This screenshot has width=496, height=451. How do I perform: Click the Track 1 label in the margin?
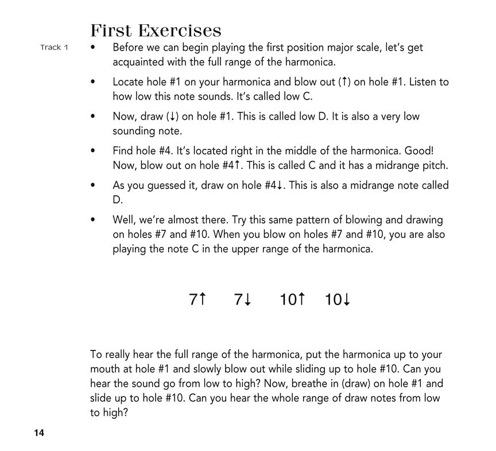(x=54, y=47)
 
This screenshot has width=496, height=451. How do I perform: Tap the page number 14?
(x=38, y=433)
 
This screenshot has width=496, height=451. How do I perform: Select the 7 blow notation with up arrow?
(x=197, y=299)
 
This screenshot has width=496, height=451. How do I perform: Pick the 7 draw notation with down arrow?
(x=243, y=299)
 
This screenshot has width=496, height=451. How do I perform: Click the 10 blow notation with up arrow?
(x=292, y=299)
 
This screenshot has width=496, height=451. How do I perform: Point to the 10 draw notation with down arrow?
(x=338, y=299)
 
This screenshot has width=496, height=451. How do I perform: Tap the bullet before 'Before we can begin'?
(x=94, y=48)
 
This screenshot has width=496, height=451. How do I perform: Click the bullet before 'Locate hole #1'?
(x=94, y=82)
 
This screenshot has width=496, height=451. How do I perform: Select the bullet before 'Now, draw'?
(x=94, y=117)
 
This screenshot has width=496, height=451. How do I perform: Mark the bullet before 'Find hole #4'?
(x=94, y=151)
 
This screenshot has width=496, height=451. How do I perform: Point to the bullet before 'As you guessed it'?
(x=94, y=186)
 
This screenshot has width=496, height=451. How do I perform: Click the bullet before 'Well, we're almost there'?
(x=94, y=220)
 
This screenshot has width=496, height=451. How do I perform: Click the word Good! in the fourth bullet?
(x=419, y=151)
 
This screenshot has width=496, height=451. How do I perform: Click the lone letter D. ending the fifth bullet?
(x=118, y=200)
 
